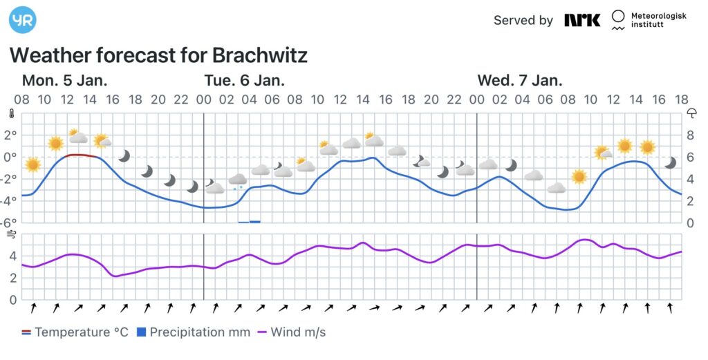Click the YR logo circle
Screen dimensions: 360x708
pyautogui.click(x=22, y=19)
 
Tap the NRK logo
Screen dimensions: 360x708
pyautogui.click(x=582, y=20)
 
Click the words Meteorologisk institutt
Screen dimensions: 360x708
pyautogui.click(x=658, y=20)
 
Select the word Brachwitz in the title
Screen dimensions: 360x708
pyautogui.click(x=260, y=55)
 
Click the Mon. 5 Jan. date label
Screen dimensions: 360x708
pyautogui.click(x=64, y=79)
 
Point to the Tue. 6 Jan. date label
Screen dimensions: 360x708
pyautogui.click(x=244, y=79)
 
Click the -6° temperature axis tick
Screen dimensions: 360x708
pyautogui.click(x=9, y=222)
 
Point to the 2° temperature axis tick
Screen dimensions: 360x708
pyautogui.click(x=10, y=135)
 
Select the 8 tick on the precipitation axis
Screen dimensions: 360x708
pyautogui.click(x=689, y=135)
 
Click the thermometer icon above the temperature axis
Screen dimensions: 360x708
pyautogui.click(x=11, y=113)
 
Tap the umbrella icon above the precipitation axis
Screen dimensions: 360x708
pyautogui.click(x=691, y=113)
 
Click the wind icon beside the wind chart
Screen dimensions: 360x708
pyautogui.click(x=11, y=235)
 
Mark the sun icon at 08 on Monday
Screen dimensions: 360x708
pyautogui.click(x=32, y=164)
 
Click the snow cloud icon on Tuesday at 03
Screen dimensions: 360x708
pyautogui.click(x=238, y=181)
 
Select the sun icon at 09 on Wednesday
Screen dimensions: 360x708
pyautogui.click(x=579, y=176)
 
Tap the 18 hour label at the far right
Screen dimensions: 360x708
pyautogui.click(x=682, y=99)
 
